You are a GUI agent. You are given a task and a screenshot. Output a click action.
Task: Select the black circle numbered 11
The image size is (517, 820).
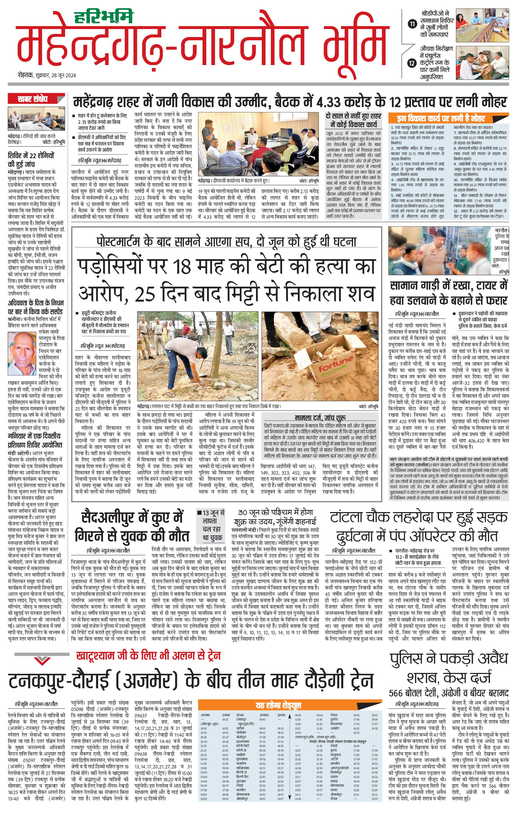(x=412, y=24)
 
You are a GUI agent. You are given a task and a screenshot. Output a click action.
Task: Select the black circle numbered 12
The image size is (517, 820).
(x=412, y=63)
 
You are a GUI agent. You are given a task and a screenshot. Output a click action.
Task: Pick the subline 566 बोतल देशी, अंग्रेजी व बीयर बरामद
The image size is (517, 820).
(x=449, y=693)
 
